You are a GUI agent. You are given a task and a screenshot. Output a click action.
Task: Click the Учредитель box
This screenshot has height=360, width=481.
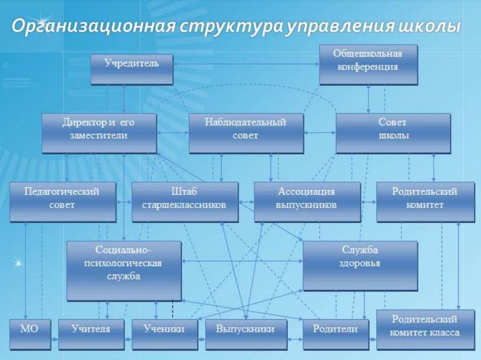coord(132,70)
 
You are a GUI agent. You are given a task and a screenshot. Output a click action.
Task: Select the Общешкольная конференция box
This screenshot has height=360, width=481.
coord(368,65)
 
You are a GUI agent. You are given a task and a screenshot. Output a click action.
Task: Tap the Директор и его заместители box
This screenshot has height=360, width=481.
coord(99,133)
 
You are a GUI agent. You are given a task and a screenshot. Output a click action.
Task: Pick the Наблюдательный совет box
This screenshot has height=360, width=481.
coord(246,133)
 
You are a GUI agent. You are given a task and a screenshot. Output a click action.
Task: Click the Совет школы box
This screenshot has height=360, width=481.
coord(393,133)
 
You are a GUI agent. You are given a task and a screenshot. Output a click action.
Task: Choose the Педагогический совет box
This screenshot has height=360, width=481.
coord(63,202)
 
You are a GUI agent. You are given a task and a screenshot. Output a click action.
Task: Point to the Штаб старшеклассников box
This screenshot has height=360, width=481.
coord(185,202)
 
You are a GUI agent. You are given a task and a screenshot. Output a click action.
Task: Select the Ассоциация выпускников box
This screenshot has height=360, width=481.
coord(307,202)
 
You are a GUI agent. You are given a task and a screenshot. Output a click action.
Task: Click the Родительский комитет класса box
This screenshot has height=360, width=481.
coord(426,330)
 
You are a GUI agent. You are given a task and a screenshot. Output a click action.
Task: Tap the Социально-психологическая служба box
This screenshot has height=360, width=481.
coord(124,271)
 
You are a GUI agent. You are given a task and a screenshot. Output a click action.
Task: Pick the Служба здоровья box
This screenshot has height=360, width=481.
coord(360,265)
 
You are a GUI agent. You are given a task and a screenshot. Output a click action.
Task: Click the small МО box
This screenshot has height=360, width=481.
coord(30,335)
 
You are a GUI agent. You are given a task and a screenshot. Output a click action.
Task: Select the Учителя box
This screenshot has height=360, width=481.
coord(91,335)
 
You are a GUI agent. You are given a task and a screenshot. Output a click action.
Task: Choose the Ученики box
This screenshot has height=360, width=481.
coord(165,335)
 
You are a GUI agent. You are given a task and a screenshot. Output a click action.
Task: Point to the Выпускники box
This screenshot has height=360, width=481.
coord(246,335)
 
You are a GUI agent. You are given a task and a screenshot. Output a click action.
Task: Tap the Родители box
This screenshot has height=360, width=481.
coord(336,335)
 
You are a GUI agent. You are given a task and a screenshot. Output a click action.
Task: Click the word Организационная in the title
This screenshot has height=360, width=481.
coord(93,25)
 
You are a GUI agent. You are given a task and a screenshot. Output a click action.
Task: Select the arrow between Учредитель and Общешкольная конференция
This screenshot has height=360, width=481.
coord(246,64)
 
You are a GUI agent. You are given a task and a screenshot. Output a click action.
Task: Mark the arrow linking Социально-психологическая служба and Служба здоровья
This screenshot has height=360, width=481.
coord(242,261)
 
